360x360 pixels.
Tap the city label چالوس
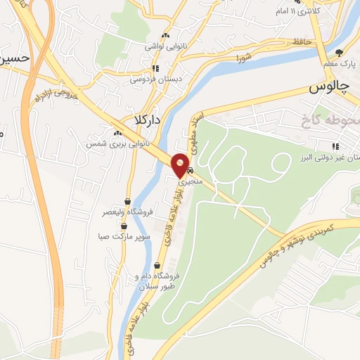click(x=329, y=86)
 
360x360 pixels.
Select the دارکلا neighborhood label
click(x=148, y=120)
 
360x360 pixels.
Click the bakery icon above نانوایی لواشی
click(x=166, y=35)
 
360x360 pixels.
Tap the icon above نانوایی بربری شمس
click(x=117, y=132)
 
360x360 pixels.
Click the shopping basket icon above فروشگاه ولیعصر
click(x=128, y=201)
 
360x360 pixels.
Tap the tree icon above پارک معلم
click(x=339, y=52)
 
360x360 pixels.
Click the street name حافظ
click(x=302, y=43)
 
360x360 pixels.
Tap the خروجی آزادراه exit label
click(x=54, y=92)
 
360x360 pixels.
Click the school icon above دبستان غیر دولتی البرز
click(x=335, y=146)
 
